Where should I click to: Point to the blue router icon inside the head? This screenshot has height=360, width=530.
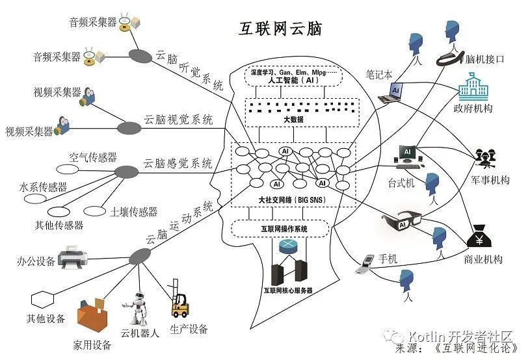tap(287, 247)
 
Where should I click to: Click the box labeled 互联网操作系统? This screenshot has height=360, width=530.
tap(284, 229)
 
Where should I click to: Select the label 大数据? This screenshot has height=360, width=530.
tap(284, 120)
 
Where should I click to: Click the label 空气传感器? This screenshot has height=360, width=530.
tap(93, 157)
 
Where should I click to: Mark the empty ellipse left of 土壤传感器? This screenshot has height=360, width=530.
tap(96, 211)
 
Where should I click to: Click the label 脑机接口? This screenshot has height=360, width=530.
tap(486, 59)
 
